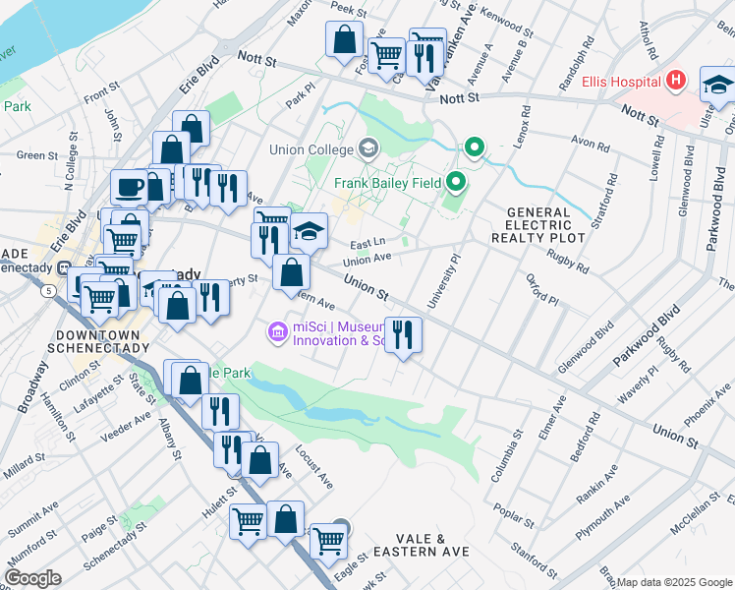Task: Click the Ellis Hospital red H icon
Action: click(676, 80)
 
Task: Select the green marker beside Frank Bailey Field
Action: click(456, 182)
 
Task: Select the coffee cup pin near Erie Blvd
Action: click(128, 186)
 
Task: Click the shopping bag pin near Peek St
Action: click(345, 41)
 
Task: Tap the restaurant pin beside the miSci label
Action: click(403, 334)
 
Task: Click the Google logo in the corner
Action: click(32, 578)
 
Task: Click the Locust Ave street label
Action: click(314, 467)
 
